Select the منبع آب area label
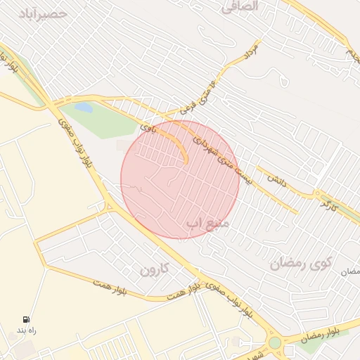[207, 223]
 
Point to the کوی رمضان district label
[300, 264]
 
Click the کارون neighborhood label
[155, 269]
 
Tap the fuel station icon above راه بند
[27, 319]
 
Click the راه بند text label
[26, 330]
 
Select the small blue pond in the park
[84, 108]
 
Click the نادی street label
[147, 128]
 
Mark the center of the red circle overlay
[181, 179]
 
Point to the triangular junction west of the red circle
[108, 206]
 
